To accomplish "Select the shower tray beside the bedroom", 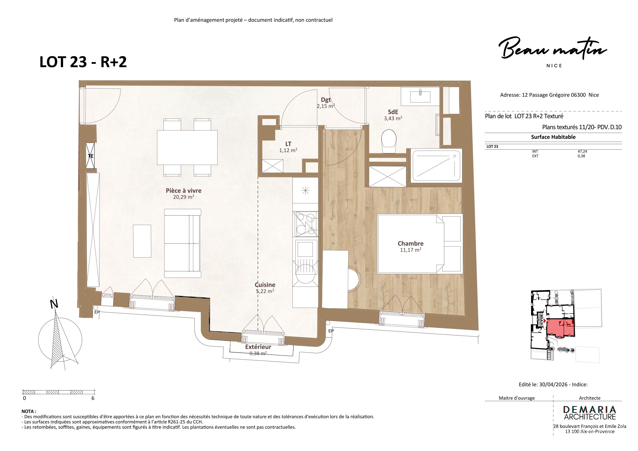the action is (x=436, y=166).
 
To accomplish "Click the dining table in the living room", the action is (x=187, y=148).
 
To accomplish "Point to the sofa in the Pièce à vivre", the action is (x=183, y=243).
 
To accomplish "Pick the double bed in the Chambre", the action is (x=420, y=243).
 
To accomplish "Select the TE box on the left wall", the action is (x=90, y=156).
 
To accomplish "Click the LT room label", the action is (x=288, y=144).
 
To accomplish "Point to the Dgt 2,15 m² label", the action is (x=326, y=103).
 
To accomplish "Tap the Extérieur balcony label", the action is (x=258, y=347).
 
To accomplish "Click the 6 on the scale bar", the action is (x=93, y=398).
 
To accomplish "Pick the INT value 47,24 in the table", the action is (x=582, y=151).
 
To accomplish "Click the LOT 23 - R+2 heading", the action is (x=83, y=62).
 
